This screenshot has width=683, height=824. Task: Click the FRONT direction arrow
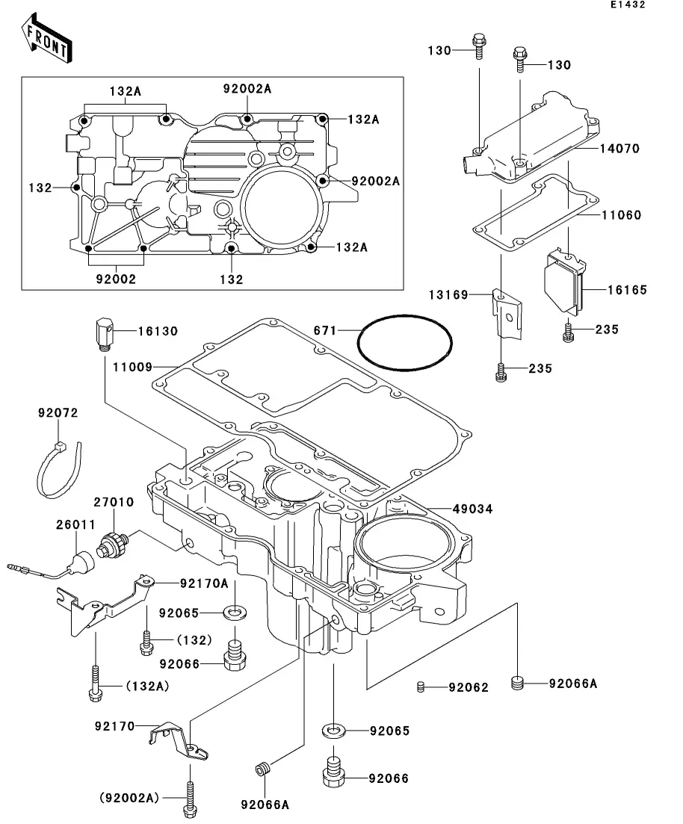pos(47,38)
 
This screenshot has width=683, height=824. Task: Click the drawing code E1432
pos(627,4)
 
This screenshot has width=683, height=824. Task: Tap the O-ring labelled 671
pos(404,343)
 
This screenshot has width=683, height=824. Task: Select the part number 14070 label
pos(620,149)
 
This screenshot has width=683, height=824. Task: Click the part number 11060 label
pos(622,215)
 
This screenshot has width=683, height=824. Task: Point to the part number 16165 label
pos(627,290)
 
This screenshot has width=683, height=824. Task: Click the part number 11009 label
pos(132,367)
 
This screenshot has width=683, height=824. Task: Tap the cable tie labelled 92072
pos(57,471)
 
